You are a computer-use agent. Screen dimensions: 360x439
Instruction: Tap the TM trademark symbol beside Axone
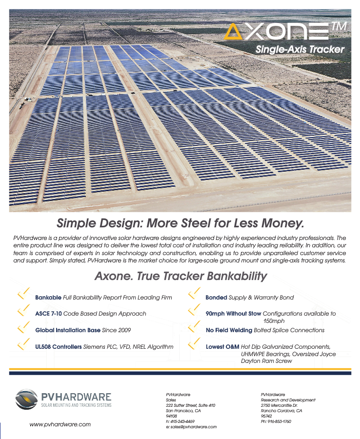[340, 26]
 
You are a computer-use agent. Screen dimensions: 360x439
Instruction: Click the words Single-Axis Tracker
[300, 49]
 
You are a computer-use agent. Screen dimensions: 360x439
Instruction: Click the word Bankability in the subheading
[237, 277]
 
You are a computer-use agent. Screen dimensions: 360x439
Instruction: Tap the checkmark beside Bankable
[24, 293]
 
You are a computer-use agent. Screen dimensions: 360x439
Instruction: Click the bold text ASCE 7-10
[48, 314]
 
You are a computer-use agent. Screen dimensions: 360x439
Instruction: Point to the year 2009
[124, 330]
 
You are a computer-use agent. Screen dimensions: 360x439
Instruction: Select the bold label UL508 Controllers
[59, 347]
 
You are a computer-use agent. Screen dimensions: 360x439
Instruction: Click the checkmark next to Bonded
[194, 293]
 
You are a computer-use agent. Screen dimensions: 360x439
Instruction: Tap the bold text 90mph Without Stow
[233, 314]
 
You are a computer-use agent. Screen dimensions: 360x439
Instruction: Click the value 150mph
[274, 321]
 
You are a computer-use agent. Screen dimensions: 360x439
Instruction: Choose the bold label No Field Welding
[229, 330]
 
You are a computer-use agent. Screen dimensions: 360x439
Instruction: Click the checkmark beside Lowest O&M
[194, 344]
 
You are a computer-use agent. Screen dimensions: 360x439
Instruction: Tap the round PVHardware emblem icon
[26, 399]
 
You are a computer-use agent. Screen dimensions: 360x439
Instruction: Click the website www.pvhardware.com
[60, 424]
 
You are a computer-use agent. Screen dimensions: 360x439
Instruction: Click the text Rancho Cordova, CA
[281, 411]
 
